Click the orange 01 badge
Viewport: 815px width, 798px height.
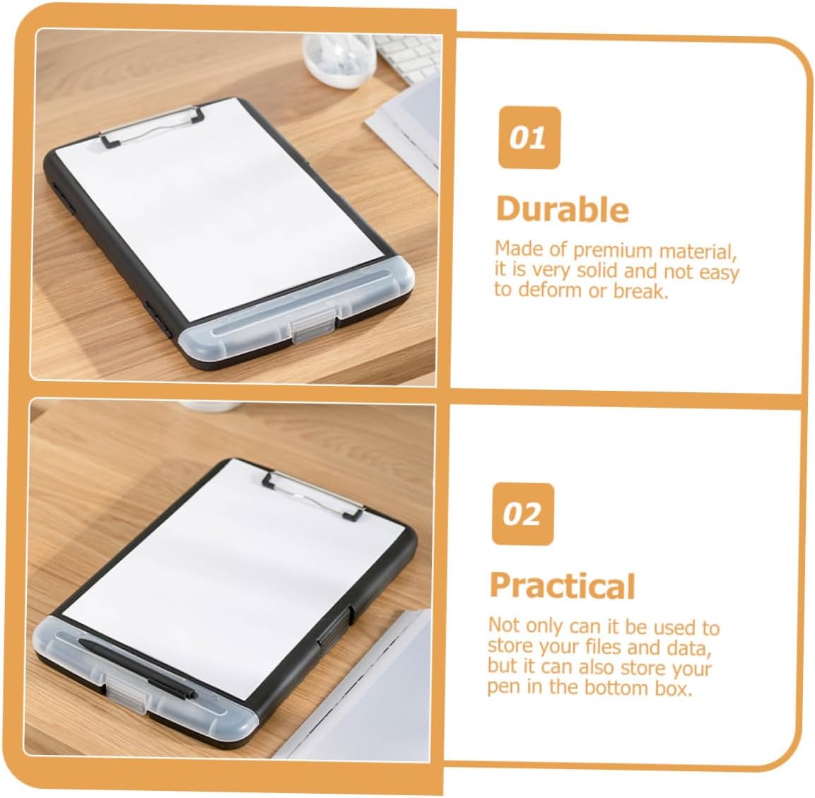click(x=529, y=138)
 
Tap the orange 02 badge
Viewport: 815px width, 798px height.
click(x=523, y=514)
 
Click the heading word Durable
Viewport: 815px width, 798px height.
click(x=563, y=209)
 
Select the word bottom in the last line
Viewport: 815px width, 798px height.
click(x=617, y=687)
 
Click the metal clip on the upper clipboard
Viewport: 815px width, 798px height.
click(x=150, y=127)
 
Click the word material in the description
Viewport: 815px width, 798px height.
click(x=698, y=252)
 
